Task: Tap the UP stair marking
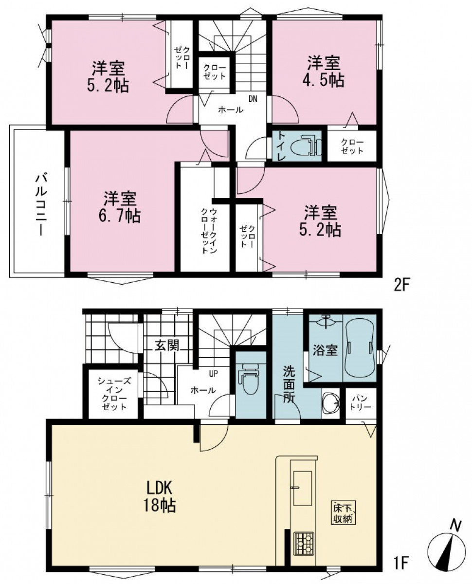pyautogui.click(x=214, y=373)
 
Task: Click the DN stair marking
pyautogui.click(x=253, y=99)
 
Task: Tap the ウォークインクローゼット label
pyautogui.click(x=209, y=231)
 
